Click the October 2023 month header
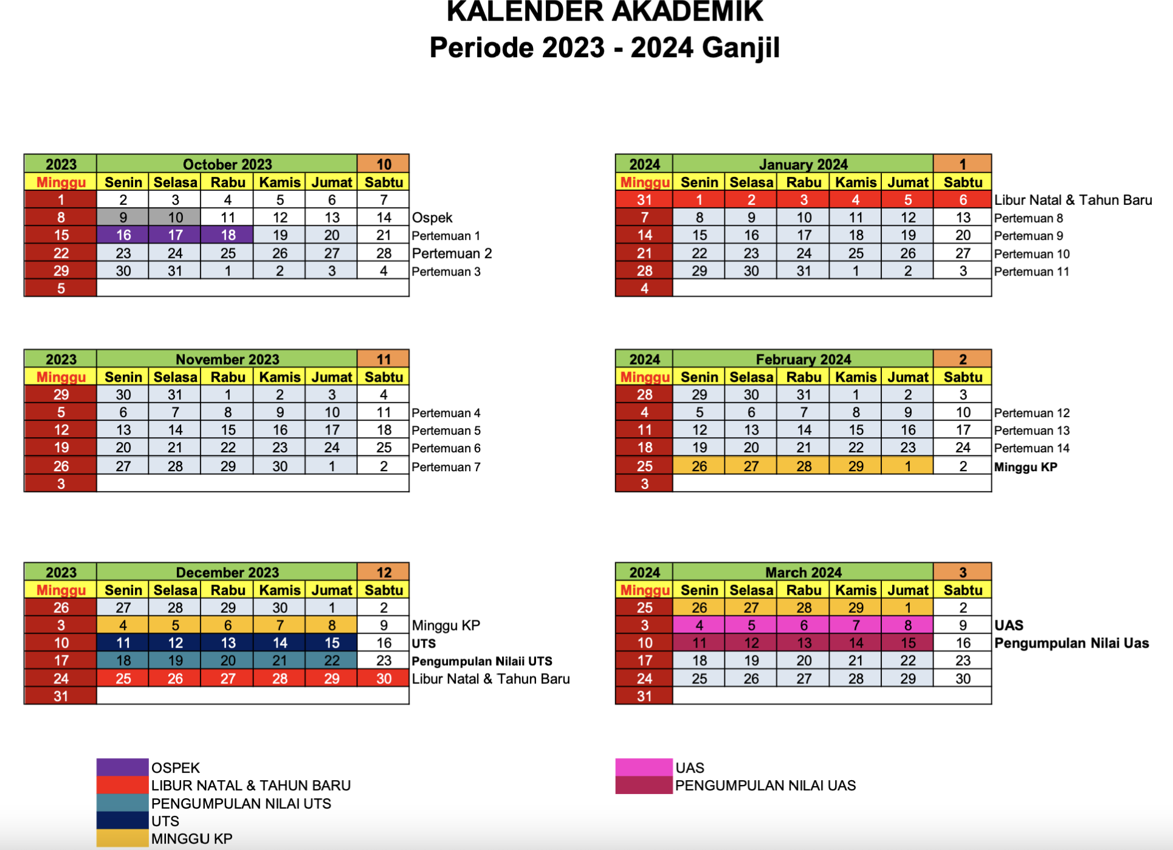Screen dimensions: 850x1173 227,164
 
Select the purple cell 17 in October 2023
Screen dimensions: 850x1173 175,235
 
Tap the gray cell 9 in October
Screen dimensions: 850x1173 123,218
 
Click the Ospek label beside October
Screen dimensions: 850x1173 432,218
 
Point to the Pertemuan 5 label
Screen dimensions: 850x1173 446,430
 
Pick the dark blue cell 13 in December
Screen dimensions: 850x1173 227,643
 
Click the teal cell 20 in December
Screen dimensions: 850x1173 227,661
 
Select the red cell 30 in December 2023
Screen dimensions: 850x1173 384,679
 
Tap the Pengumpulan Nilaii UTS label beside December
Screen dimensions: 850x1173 482,662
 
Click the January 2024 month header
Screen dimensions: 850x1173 803,164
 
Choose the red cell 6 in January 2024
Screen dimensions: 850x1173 963,200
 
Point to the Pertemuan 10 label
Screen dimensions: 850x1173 1032,254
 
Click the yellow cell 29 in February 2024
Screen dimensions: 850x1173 856,466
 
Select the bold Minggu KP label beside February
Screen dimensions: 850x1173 1026,467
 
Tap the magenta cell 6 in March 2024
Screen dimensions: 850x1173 803,625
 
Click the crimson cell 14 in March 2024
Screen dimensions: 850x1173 856,643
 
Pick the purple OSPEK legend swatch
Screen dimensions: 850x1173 122,767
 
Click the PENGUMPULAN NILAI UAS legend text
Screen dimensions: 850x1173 765,786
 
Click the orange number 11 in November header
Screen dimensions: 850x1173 384,359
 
